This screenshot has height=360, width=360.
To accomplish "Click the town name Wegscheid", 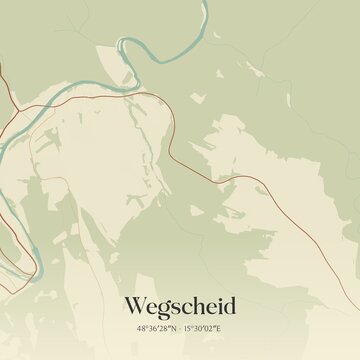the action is click(180, 304).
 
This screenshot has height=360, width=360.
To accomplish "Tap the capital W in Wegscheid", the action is click(134, 304).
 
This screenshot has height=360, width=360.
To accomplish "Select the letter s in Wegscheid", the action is click(174, 305).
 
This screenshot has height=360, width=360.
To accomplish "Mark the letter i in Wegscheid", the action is click(218, 304).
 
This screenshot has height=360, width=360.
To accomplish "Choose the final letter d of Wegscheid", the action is click(229, 304).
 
